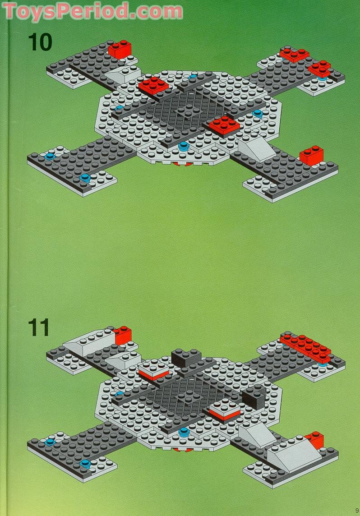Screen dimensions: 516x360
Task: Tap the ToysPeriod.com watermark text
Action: coord(92,11)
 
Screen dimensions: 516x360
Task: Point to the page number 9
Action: coord(356,511)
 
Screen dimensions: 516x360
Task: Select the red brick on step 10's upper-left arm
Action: coord(120,49)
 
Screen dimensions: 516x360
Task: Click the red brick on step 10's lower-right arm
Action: coord(312,156)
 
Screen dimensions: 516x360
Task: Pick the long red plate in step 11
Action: coord(305,345)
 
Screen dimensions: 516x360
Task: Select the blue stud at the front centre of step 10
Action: coord(183,146)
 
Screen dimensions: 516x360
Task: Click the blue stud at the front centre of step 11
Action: coord(184,432)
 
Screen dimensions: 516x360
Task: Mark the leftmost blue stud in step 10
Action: coord(50,156)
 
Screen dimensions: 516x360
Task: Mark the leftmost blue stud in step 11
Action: coord(49,442)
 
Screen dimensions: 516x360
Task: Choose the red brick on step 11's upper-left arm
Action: coord(123,335)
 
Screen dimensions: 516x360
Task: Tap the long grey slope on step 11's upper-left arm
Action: coord(88,341)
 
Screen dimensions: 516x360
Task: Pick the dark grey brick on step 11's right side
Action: coord(253,398)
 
